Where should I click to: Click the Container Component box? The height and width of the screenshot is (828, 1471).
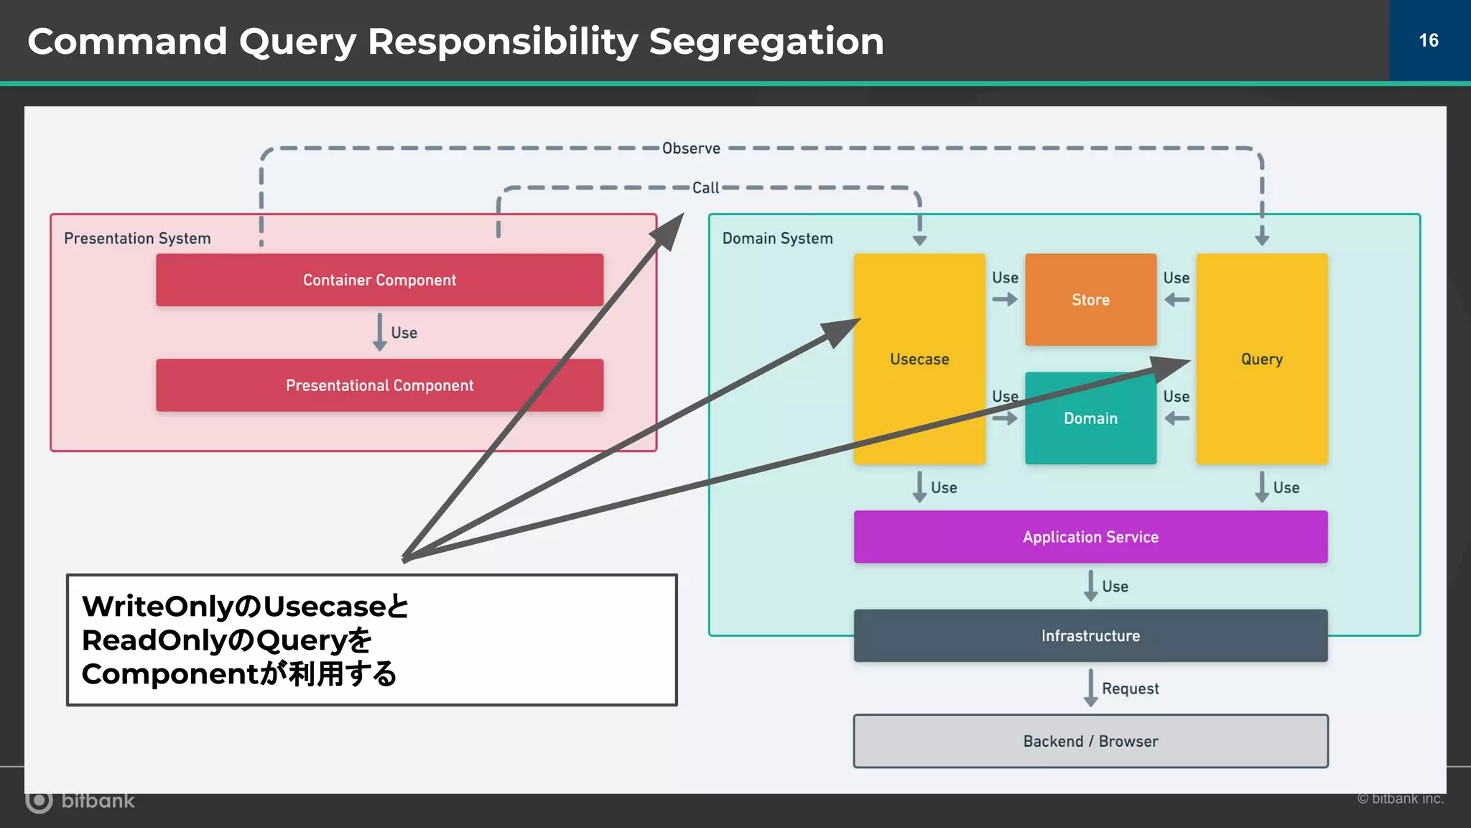coord(379,280)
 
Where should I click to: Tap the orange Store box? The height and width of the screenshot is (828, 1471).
coord(1090,300)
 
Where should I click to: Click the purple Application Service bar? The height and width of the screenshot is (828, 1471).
coord(1090,537)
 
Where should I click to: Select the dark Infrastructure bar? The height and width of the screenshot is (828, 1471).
coord(1090,635)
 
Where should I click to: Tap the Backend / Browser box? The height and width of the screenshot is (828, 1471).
coord(1090,741)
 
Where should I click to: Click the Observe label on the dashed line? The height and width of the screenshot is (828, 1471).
coord(691,148)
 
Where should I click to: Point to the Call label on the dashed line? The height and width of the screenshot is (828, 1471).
coord(705,188)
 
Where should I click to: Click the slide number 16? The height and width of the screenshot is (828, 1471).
coord(1429,40)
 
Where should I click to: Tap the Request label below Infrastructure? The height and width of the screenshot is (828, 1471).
coord(1130,689)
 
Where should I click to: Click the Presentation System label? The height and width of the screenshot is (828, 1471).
coord(137,238)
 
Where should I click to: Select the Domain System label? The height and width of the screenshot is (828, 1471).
coord(777,238)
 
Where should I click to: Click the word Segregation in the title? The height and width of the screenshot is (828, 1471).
coord(766,42)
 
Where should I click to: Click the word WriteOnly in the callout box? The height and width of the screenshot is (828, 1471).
coord(157,606)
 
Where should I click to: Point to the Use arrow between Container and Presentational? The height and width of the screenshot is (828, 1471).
coord(380,332)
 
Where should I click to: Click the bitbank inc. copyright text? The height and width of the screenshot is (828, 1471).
coord(1400,799)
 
